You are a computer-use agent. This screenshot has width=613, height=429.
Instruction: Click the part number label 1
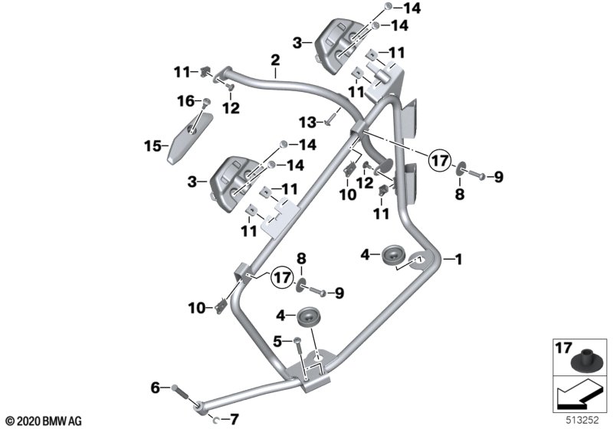(x=458, y=260)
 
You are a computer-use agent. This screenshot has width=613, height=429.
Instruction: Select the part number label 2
(x=276, y=61)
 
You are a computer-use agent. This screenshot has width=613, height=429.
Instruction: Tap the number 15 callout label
(x=152, y=146)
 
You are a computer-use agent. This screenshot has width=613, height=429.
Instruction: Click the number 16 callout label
(x=185, y=101)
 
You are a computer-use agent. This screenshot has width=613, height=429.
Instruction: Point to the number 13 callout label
(x=307, y=123)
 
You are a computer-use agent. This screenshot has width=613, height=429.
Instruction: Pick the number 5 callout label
(x=277, y=342)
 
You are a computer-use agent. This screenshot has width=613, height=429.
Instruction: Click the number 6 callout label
(x=156, y=388)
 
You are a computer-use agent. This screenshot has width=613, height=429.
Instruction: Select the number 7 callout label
(x=234, y=420)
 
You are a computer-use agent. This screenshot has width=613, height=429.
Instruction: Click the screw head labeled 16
(x=206, y=103)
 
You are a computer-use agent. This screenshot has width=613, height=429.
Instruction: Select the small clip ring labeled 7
(x=215, y=420)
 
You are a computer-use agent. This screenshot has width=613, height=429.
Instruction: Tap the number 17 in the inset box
(x=563, y=347)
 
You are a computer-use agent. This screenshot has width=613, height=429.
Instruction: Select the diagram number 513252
(x=582, y=421)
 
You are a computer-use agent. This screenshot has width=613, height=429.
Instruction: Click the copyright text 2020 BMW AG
(x=44, y=421)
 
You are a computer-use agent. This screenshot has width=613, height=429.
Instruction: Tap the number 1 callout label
(x=458, y=260)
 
